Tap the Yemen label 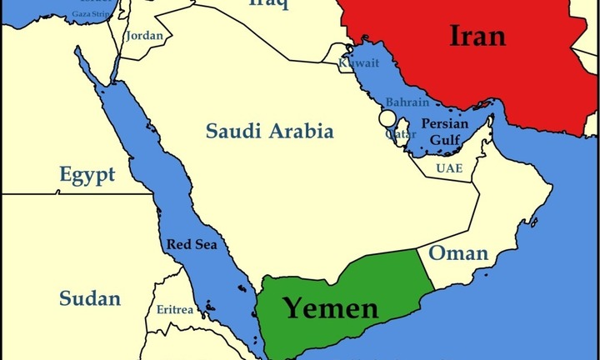331,308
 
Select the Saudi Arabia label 270,131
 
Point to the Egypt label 87,175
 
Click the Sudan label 90,298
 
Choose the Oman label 457,253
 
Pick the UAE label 448,168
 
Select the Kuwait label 357,63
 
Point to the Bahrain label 407,102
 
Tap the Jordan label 143,36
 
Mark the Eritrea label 175,310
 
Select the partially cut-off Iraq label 268,4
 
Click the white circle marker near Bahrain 387,117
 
